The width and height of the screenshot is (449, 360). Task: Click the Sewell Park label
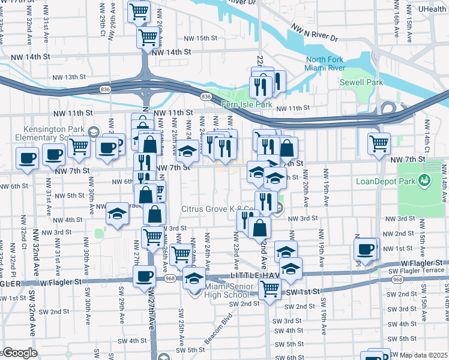coord(361,82)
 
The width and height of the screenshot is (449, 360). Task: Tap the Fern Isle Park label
coord(247,105)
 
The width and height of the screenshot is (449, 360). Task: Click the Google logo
coord(20,353)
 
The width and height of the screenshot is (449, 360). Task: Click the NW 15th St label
coord(198,38)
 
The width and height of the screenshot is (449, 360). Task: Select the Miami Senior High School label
coord(220,290)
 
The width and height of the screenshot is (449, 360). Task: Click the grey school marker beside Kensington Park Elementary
coord(93,131)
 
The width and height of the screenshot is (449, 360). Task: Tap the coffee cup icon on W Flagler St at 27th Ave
coord(143,277)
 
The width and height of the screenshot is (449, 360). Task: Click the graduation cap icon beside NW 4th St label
coord(116,214)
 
